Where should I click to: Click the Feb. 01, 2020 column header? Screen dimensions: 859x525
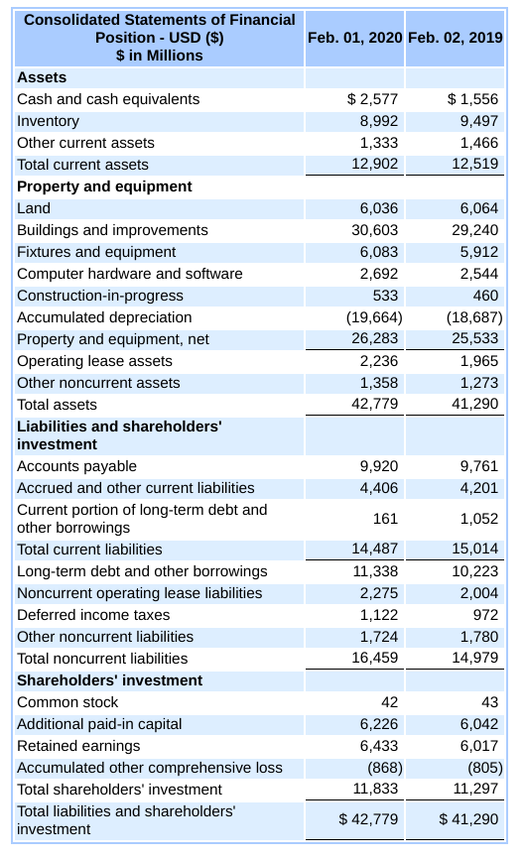(x=355, y=37)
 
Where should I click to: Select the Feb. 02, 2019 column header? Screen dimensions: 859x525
(x=456, y=37)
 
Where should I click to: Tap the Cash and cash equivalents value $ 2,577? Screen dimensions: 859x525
(x=372, y=99)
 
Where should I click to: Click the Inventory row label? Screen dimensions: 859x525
(x=49, y=121)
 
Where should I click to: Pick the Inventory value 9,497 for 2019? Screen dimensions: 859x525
(x=479, y=121)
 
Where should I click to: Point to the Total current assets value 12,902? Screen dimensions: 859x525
(x=377, y=165)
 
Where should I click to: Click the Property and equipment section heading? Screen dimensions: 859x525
(x=104, y=186)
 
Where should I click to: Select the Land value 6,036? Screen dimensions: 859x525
(x=380, y=208)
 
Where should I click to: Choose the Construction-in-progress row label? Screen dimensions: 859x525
(x=100, y=296)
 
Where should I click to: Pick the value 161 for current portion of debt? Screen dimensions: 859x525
(x=386, y=518)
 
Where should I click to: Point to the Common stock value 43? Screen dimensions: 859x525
(x=489, y=702)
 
